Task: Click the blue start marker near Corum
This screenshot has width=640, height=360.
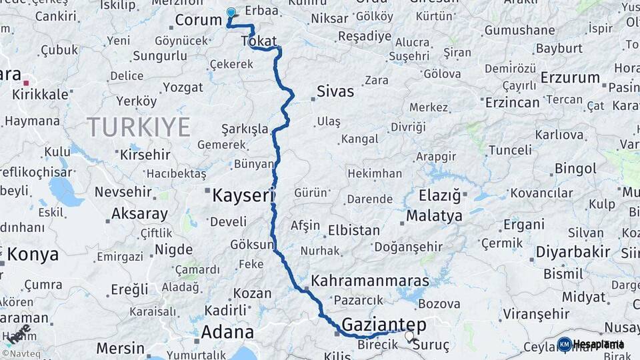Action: [x=231, y=13]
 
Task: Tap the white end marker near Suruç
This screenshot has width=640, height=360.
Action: [x=409, y=337]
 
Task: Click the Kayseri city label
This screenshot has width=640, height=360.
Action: [x=243, y=195]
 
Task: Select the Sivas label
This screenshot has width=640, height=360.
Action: [x=335, y=91]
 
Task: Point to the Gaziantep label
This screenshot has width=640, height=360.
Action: [x=383, y=325]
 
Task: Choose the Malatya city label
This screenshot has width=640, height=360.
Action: [x=434, y=216]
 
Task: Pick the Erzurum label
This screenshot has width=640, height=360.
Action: [x=570, y=77]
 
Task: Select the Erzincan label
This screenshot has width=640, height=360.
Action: [x=512, y=102]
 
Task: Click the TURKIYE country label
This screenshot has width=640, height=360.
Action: [x=139, y=127]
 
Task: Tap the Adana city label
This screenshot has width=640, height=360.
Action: [x=227, y=332]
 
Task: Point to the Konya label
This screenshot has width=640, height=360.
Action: [x=33, y=254]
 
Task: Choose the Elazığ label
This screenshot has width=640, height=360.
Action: [x=440, y=195]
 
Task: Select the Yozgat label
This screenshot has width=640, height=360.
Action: [x=183, y=87]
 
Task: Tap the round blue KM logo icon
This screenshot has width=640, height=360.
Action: [x=564, y=344]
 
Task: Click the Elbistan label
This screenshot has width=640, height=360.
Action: [x=354, y=231]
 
